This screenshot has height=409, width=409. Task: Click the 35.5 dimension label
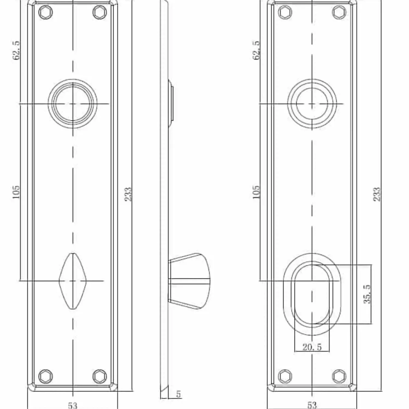368,294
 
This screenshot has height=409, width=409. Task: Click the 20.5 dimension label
312,347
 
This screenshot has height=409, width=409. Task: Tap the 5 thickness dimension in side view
179,394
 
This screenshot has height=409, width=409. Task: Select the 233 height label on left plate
128,194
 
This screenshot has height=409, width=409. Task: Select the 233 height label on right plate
377,194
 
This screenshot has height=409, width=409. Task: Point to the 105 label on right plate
256,192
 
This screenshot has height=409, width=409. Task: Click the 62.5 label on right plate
256,50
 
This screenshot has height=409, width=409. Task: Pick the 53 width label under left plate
73,405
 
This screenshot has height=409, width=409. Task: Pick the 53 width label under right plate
312,405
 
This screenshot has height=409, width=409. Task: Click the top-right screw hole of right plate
339,12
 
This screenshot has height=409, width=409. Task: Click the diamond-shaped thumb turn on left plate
73,281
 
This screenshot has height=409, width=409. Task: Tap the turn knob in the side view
191,281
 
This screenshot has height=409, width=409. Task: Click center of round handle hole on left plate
73,104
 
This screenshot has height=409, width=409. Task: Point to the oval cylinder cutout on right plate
312,294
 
